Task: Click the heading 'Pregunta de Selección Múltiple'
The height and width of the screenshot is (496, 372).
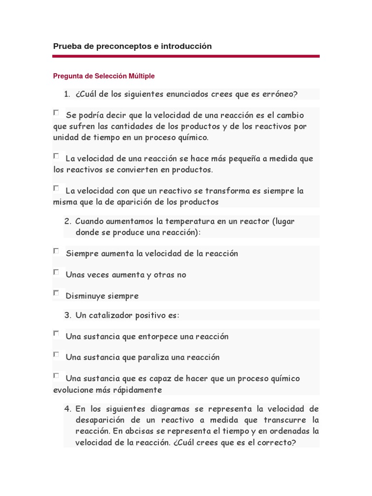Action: click(x=103, y=76)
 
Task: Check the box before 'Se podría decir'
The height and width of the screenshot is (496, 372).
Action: click(x=56, y=113)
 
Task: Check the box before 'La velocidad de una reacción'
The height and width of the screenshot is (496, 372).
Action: click(x=56, y=156)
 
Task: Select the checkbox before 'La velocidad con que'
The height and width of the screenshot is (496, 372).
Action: click(x=56, y=188)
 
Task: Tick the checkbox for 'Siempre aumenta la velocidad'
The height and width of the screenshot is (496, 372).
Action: click(x=56, y=251)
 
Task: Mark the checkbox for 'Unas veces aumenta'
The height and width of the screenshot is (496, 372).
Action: click(x=56, y=272)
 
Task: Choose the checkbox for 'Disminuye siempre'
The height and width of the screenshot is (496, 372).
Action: click(x=56, y=293)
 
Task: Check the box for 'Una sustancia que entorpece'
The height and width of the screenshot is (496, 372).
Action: click(x=56, y=334)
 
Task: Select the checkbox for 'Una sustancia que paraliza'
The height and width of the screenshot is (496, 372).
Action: click(x=56, y=355)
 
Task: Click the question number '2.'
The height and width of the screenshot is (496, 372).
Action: click(x=68, y=221)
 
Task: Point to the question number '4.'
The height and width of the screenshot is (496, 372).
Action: click(x=68, y=409)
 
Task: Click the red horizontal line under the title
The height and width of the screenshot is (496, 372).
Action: click(x=186, y=56)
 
